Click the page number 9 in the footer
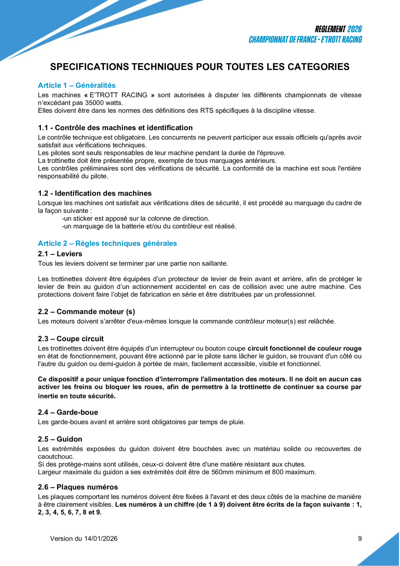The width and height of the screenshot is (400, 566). coord(360,539)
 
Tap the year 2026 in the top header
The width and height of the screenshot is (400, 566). coord(355,29)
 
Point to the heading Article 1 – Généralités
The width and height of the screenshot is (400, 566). coord(77,85)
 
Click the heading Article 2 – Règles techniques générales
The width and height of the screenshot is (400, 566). coord(107,243)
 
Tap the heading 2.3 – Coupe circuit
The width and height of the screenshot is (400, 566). coord(71,339)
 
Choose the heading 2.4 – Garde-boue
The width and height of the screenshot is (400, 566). coord(68,412)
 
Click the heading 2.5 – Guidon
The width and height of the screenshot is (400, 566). coord(60,439)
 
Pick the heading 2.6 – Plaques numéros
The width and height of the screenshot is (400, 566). coord(78,487)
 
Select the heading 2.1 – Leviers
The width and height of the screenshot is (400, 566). coord(60,253)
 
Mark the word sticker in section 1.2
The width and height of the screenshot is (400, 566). coord(83,218)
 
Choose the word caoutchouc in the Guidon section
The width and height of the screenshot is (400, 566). coord(56,457)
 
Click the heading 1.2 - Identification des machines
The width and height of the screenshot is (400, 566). coord(95,193)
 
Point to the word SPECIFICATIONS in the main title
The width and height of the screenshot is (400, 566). coord(90,67)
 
